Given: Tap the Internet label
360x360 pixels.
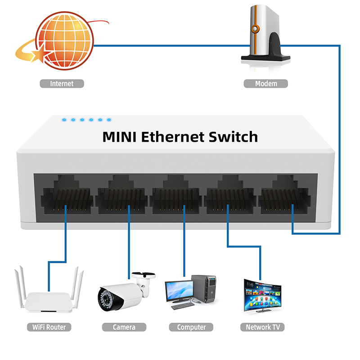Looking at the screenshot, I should pyautogui.click(x=62, y=84).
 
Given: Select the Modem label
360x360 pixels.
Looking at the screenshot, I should pyautogui.click(x=266, y=84).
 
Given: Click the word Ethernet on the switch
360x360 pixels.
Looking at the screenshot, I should pyautogui.click(x=173, y=137).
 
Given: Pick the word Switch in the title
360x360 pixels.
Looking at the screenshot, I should pyautogui.click(x=233, y=137).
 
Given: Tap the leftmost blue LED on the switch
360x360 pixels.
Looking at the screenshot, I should pyautogui.click(x=64, y=120).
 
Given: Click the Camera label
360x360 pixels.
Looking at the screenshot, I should pyautogui.click(x=124, y=327).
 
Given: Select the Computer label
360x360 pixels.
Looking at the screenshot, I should pyautogui.click(x=191, y=327).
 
